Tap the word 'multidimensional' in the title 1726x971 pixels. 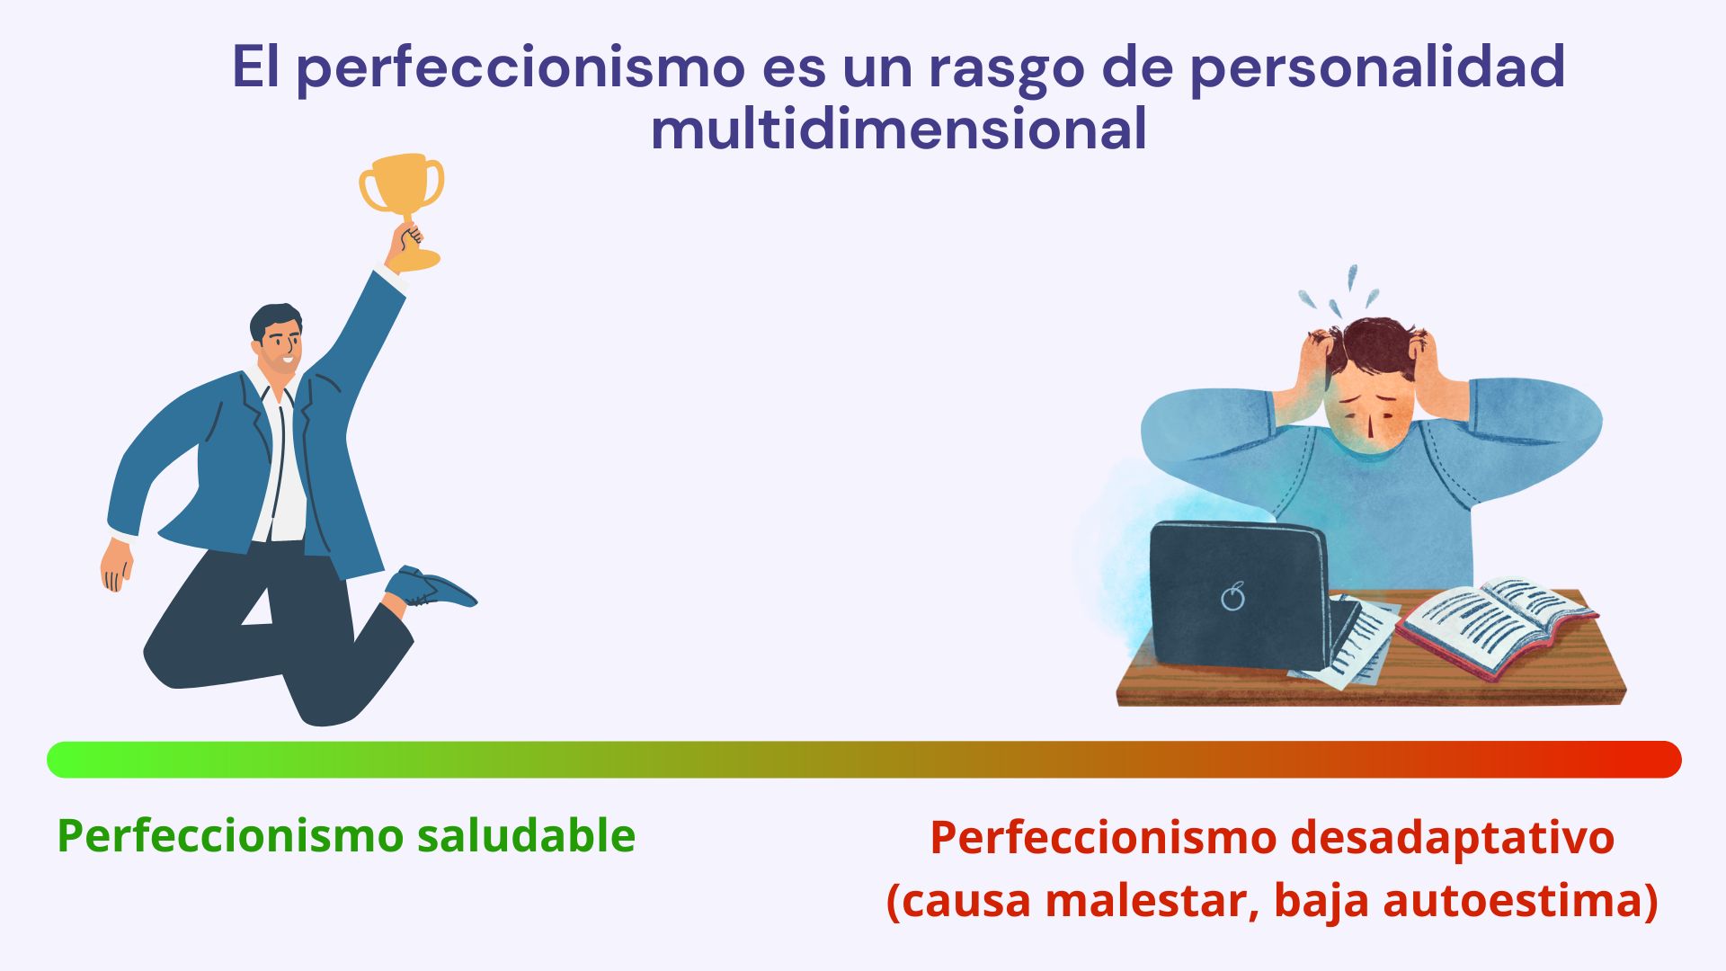click(898, 129)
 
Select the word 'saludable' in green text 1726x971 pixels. click(526, 835)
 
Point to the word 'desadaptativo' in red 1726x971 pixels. click(1452, 837)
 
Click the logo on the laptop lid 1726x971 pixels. click(1233, 596)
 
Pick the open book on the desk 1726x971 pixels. click(1497, 625)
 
